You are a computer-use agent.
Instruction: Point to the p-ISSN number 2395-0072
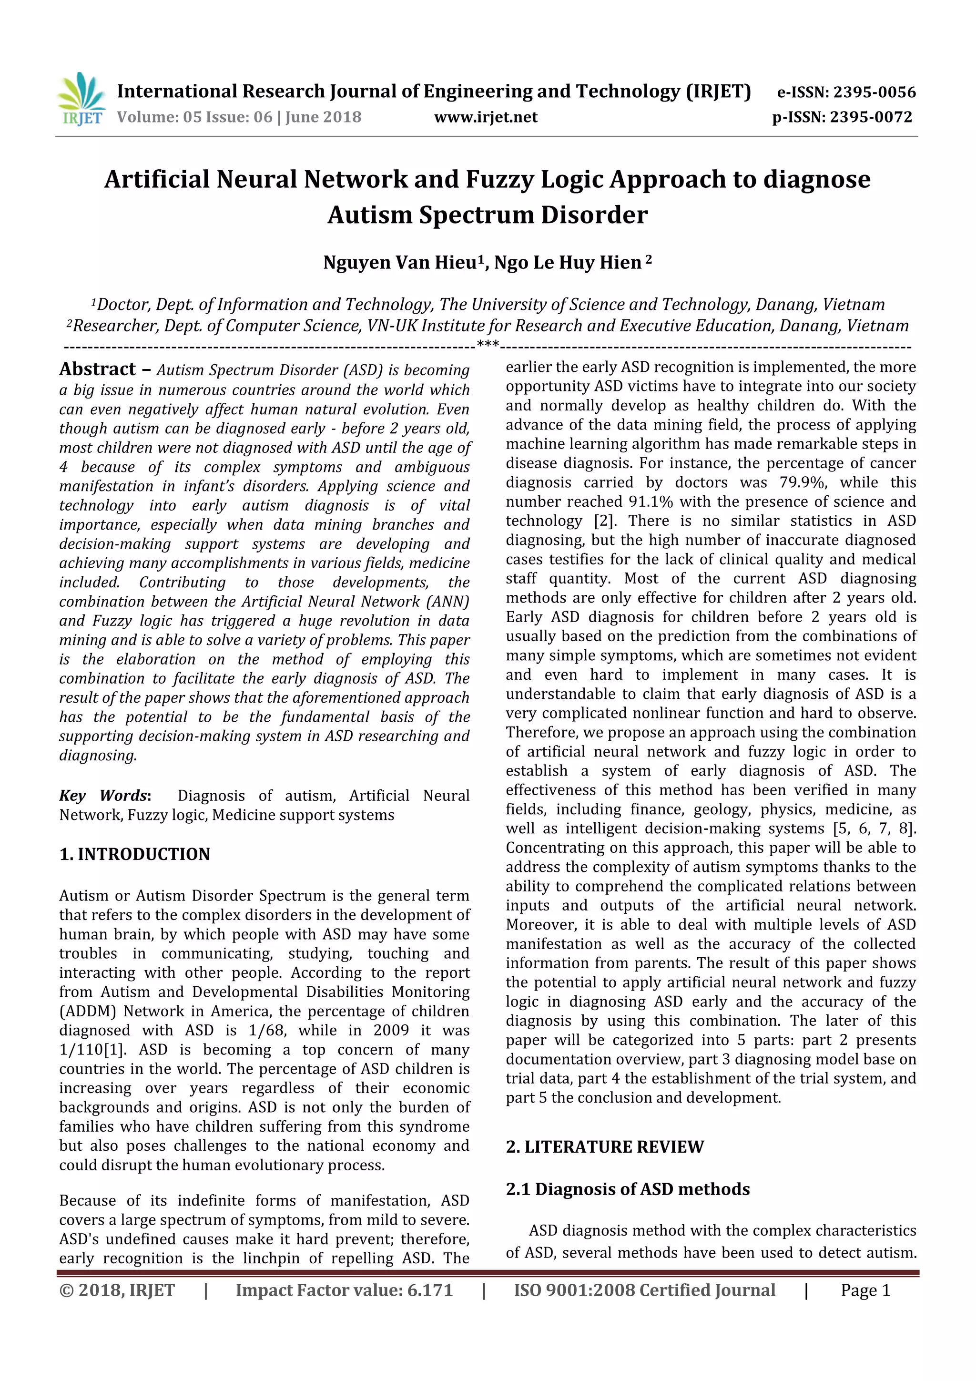click(x=871, y=117)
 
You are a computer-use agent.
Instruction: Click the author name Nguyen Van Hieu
click(x=400, y=263)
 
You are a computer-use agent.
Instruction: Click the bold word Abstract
click(x=97, y=368)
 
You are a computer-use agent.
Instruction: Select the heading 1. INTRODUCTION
click(x=135, y=854)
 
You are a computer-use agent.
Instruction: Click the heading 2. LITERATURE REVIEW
click(x=604, y=1146)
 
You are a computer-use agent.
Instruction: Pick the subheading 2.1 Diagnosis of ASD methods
click(x=628, y=1189)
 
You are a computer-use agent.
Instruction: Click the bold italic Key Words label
click(x=103, y=795)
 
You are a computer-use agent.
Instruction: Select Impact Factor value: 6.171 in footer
click(x=344, y=1290)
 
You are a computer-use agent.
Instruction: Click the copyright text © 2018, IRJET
click(x=117, y=1290)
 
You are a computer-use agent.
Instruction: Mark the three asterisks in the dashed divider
click(x=487, y=345)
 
